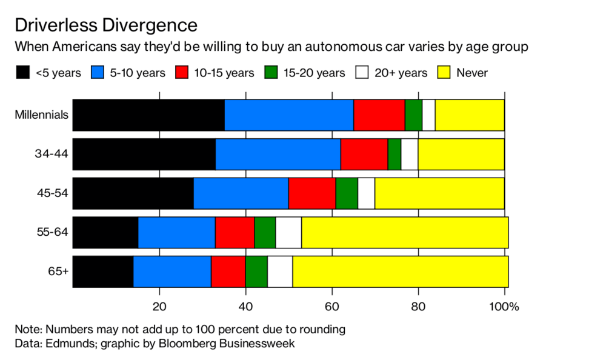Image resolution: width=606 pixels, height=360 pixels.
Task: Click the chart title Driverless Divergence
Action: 105,25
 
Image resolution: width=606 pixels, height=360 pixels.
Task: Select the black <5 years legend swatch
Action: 22,73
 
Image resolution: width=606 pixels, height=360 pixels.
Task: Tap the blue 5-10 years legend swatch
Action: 99,73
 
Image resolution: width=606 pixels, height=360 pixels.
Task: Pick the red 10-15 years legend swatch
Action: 183,73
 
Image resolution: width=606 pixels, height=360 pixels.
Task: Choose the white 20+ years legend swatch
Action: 362,73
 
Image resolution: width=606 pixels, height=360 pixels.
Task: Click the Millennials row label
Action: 41,115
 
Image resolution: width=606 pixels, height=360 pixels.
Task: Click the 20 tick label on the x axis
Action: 159,307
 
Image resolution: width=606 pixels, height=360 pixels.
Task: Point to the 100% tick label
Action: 504,307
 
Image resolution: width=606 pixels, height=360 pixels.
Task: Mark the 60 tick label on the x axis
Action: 332,307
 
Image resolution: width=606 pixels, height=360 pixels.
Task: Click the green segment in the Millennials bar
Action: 413,115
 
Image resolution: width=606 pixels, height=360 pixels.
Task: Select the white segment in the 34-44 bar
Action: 410,154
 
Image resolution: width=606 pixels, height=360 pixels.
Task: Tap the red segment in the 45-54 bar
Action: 312,193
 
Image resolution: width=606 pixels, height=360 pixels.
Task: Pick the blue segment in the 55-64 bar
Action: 176,232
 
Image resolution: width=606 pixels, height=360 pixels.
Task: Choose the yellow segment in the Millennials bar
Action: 470,115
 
